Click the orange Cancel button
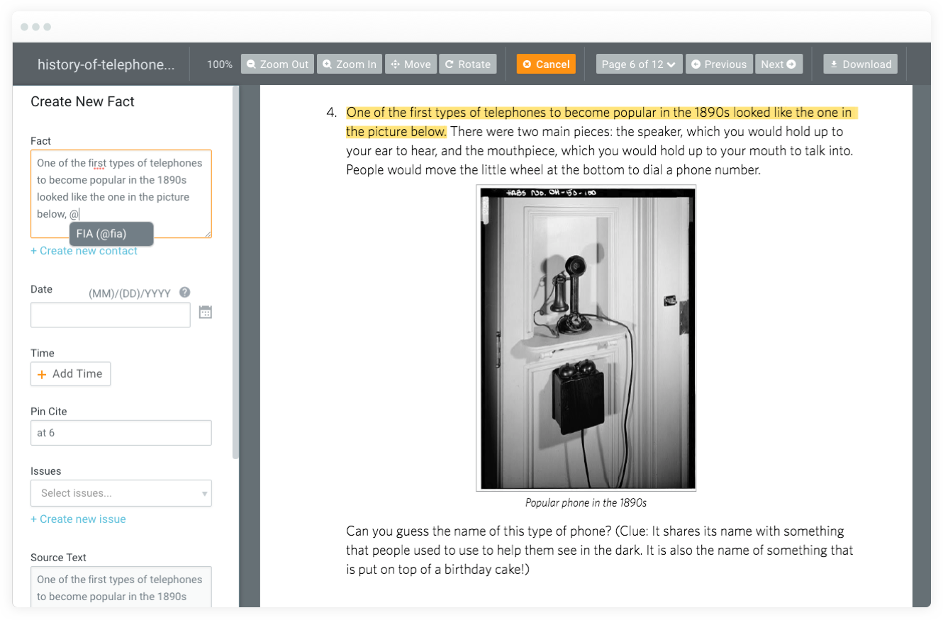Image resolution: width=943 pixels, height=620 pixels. coord(546,64)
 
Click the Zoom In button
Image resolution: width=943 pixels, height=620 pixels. coord(350,64)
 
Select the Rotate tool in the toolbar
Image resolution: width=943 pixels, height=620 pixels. coord(467,64)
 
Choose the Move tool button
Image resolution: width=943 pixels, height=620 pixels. coord(411,64)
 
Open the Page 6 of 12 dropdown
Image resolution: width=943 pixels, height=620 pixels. coord(639,64)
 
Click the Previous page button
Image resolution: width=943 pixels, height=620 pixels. coord(719,64)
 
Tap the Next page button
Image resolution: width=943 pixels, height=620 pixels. coord(779,64)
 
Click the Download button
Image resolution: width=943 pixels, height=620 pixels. coord(860,64)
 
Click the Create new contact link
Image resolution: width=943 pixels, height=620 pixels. coord(84,251)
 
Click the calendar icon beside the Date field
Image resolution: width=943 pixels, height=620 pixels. coord(206,312)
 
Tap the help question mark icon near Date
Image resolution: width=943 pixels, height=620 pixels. coord(185,293)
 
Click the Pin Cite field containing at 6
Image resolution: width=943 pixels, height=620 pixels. coord(121,433)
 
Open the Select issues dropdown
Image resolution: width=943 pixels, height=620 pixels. coord(121,493)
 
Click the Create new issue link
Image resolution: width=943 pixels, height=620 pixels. coord(78,519)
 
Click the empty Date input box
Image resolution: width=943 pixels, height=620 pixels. coord(110,315)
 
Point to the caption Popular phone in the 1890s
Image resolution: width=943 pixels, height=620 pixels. coord(586,503)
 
